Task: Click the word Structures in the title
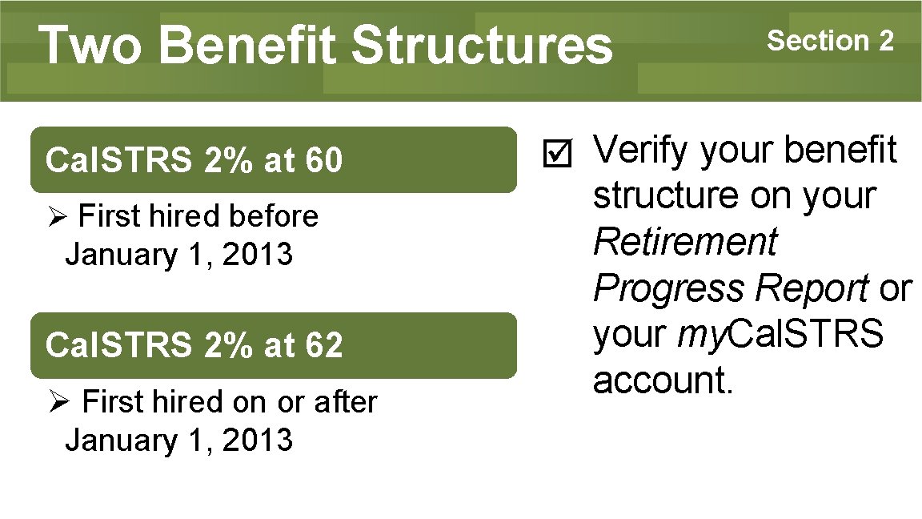[481, 46]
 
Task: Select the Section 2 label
[830, 40]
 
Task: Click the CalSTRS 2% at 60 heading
[194, 160]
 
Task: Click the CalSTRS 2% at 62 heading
[194, 346]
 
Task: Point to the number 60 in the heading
[323, 160]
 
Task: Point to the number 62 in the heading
[323, 346]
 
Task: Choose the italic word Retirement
[685, 242]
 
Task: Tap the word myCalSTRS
[780, 335]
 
